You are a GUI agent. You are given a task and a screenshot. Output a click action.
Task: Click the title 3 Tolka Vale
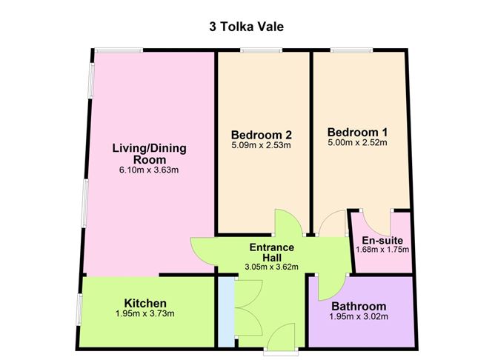point(247,27)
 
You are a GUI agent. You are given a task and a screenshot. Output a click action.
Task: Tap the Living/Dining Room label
point(149,153)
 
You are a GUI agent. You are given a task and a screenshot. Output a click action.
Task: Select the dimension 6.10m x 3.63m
point(149,170)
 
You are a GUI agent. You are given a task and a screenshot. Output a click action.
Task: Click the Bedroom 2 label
point(261,135)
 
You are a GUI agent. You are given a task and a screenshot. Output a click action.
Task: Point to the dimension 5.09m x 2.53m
point(261,145)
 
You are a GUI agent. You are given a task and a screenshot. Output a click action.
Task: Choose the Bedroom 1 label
point(357,133)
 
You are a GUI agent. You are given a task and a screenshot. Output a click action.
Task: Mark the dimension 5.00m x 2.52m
point(357,143)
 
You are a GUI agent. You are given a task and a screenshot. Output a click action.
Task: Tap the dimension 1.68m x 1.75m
point(381,249)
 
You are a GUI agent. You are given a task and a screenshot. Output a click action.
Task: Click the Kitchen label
point(145,304)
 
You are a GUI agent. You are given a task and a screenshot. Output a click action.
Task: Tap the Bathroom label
point(359,307)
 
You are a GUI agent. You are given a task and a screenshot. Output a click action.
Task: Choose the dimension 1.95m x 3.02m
point(359,317)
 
